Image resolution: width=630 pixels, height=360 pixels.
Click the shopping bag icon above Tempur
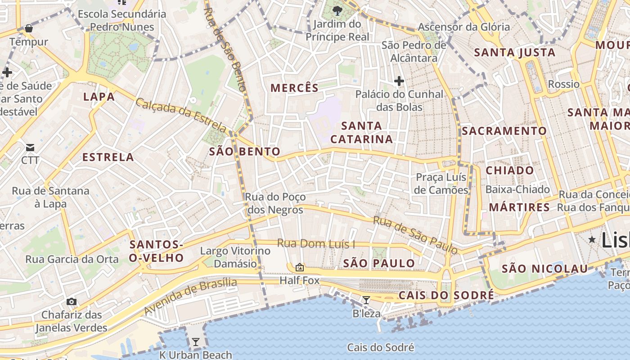(29, 29)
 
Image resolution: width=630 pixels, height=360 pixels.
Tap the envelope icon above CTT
(30, 147)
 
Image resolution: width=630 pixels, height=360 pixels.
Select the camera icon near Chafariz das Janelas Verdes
(72, 301)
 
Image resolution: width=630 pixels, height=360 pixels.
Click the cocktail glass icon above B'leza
(366, 300)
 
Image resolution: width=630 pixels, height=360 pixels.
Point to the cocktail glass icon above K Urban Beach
(195, 342)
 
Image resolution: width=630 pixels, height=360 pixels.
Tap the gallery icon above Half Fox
(299, 267)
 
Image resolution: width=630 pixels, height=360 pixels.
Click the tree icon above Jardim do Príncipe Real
(337, 10)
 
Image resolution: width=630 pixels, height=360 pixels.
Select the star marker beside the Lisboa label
(592, 239)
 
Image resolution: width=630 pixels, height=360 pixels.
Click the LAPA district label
(99, 97)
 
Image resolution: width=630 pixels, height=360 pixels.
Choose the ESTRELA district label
(108, 157)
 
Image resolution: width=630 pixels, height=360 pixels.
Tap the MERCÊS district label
(294, 88)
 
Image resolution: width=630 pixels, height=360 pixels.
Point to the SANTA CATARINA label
(362, 132)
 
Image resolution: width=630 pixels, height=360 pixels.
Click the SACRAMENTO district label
(504, 131)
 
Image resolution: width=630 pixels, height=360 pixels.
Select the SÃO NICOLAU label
(544, 269)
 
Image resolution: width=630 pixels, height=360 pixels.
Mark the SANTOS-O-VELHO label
(157, 251)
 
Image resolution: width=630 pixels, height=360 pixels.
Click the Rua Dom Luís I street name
(316, 244)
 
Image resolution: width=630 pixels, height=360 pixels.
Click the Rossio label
(563, 84)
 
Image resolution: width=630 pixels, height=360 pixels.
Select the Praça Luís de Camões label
(441, 184)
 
